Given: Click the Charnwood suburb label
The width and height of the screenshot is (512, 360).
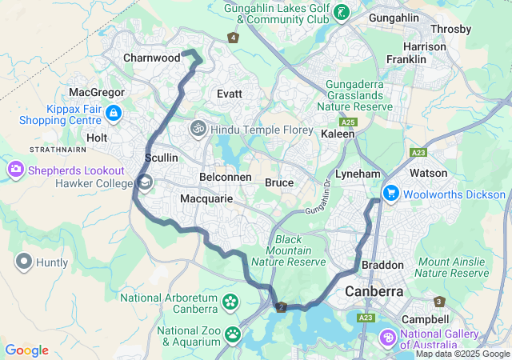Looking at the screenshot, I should (151, 58).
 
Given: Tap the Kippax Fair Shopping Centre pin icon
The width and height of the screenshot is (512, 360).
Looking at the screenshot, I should (114, 114).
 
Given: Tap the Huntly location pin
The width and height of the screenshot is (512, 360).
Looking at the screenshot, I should (24, 262).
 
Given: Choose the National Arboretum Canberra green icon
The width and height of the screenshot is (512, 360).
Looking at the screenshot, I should (231, 302).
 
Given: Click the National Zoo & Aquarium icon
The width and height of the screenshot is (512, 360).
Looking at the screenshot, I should (232, 334).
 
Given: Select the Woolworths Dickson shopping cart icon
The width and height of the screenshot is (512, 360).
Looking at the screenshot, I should (391, 194).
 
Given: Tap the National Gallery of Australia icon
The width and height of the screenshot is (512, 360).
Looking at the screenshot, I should (389, 338).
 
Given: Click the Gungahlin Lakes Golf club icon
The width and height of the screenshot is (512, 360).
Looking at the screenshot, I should (342, 12).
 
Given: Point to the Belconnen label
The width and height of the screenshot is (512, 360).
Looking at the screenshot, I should (226, 177).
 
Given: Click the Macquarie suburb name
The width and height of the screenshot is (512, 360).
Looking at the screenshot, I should (206, 198).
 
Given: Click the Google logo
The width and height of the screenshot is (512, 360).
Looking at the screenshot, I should (26, 350).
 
